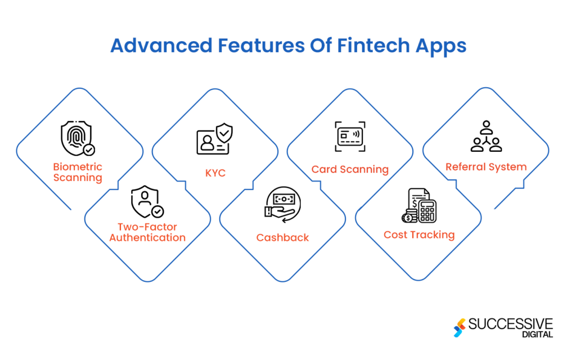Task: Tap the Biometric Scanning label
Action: pos(78,172)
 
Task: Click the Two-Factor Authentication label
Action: pos(147,232)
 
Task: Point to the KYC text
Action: pos(215,173)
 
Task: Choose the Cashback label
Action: pos(282,237)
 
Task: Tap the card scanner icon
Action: pos(350,136)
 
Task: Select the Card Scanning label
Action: pos(350,169)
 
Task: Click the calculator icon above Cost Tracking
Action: pos(419,205)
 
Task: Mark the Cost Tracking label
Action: pos(419,235)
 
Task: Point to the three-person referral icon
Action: pos(485,137)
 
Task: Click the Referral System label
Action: pos(486,167)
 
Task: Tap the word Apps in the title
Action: pos(442,46)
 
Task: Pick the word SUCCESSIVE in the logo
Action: pos(511,323)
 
